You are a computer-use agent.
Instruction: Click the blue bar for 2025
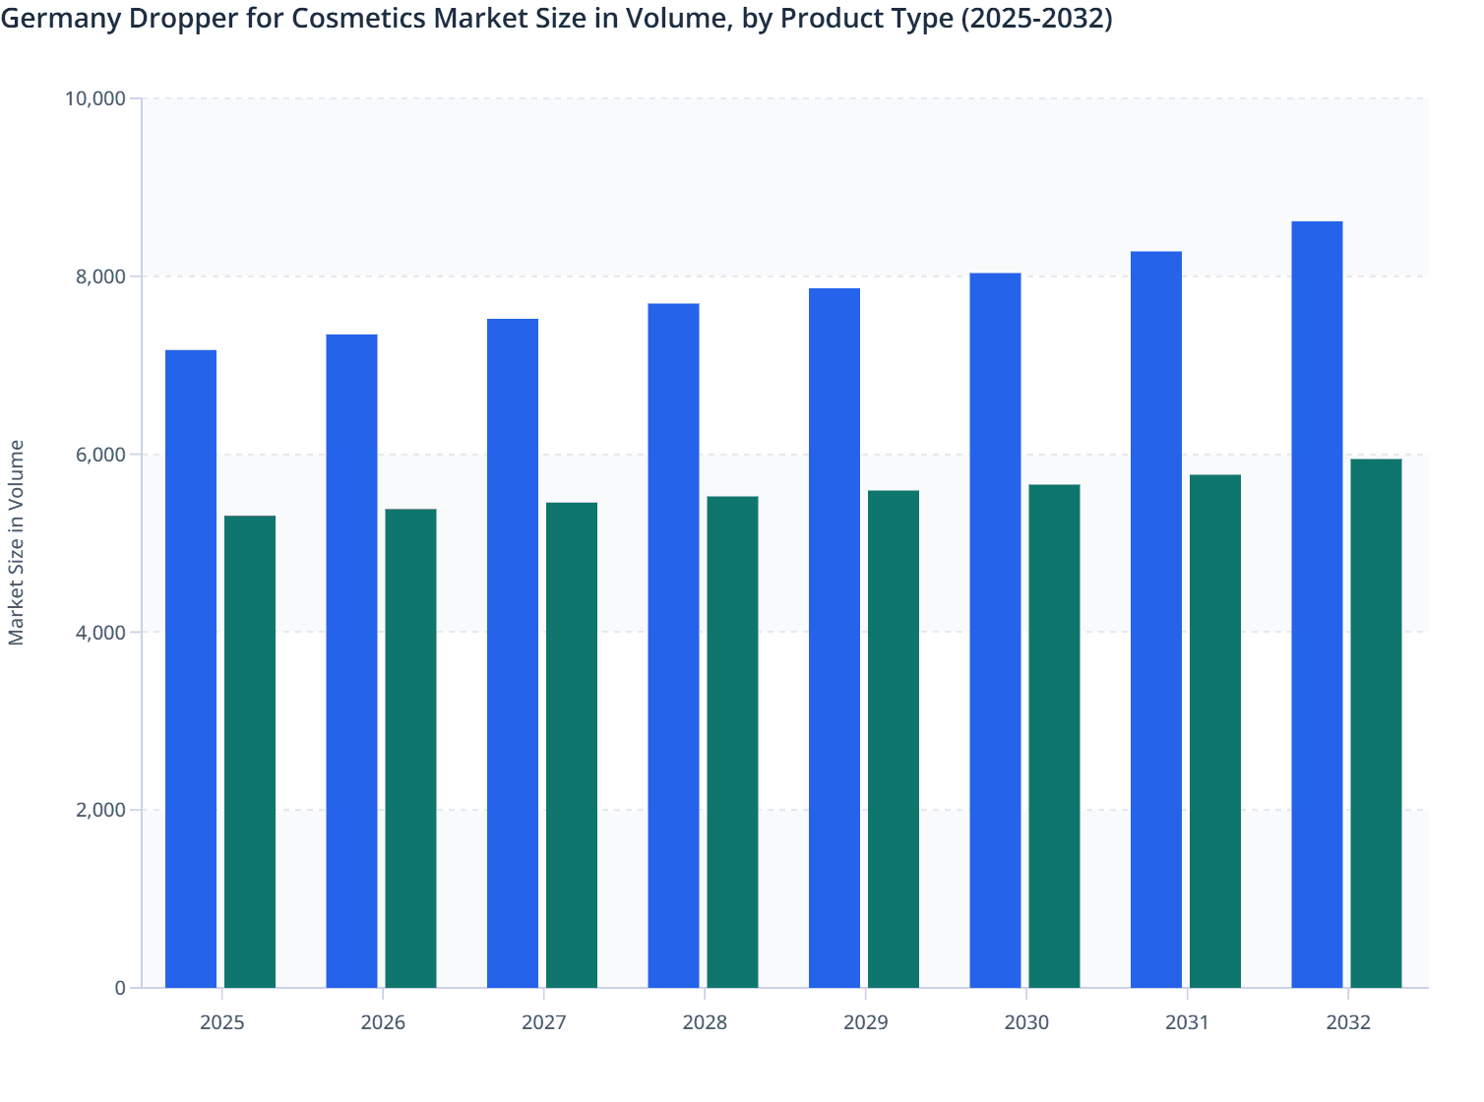pos(191,669)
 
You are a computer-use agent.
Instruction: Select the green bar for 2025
pos(250,752)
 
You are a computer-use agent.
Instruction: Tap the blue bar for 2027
pos(513,653)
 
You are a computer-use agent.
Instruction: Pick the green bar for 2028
pos(732,742)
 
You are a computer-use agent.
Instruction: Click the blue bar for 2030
pos(995,630)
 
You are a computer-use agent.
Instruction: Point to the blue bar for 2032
pos(1317,604)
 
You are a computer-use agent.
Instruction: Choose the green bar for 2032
pos(1376,723)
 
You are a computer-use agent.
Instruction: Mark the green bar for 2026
pos(410,748)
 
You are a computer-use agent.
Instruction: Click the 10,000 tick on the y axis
pos(94,98)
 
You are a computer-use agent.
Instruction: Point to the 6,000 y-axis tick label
pos(100,455)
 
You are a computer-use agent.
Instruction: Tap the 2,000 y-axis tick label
pos(100,811)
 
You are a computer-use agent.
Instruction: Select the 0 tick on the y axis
pos(120,989)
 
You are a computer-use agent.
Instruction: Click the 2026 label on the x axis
pos(383,1023)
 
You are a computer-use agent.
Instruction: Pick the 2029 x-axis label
pos(866,1023)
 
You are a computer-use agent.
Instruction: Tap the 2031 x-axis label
pos(1188,1023)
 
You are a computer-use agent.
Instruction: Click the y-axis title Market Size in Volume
pos(17,543)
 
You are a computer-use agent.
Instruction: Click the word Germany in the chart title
pos(59,19)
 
